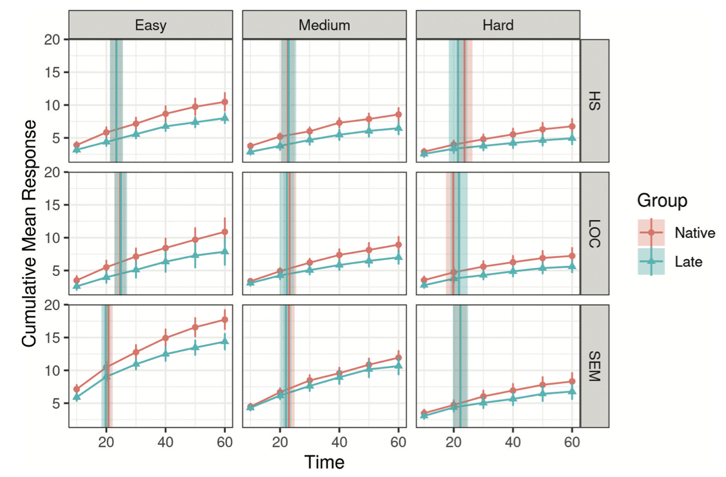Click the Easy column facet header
(x=150, y=25)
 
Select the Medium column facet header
(x=324, y=25)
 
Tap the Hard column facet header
(x=497, y=25)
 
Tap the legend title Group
(x=662, y=201)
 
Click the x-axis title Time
(x=324, y=462)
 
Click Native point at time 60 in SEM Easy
(x=225, y=320)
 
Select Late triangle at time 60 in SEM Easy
(x=225, y=341)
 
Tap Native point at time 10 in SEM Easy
(x=77, y=389)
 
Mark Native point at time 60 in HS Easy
(x=225, y=102)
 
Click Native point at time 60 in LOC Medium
(x=398, y=245)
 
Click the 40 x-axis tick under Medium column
(x=339, y=442)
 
